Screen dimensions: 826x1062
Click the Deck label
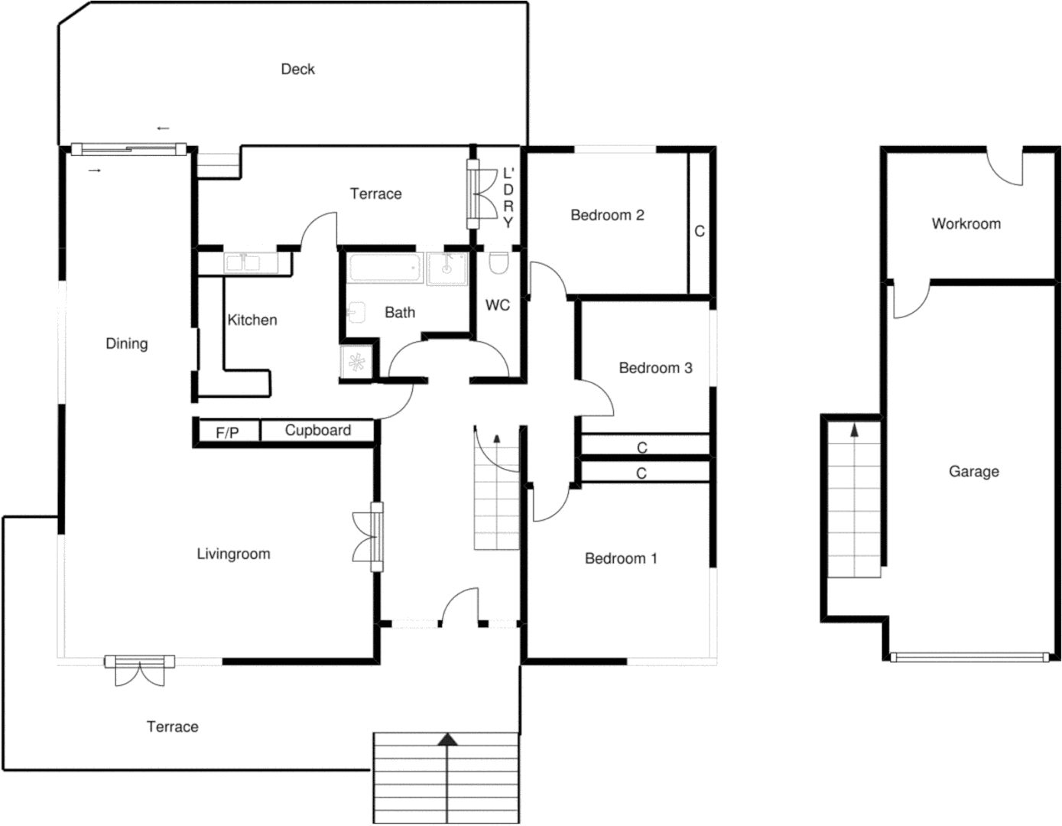click(297, 70)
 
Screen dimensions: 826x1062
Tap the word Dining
click(126, 344)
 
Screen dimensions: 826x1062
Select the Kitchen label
click(252, 320)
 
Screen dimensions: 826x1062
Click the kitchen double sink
click(242, 264)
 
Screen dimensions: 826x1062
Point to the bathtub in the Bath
click(384, 269)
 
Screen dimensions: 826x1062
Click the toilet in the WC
click(498, 265)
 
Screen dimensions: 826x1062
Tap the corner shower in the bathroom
click(356, 363)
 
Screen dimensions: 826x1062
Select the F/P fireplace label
click(227, 433)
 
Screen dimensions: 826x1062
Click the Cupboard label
click(317, 431)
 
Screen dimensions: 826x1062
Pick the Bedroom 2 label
click(607, 216)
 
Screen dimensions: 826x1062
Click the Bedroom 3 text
click(655, 368)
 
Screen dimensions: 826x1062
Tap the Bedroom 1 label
click(620, 559)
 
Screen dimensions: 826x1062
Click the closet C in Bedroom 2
click(699, 231)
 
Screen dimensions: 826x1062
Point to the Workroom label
click(966, 224)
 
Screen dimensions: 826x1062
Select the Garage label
click(973, 472)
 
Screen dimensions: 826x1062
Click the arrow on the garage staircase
click(854, 431)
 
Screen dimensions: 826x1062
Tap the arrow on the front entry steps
click(447, 740)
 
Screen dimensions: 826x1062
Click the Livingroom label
click(233, 554)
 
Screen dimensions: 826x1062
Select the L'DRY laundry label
click(508, 198)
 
